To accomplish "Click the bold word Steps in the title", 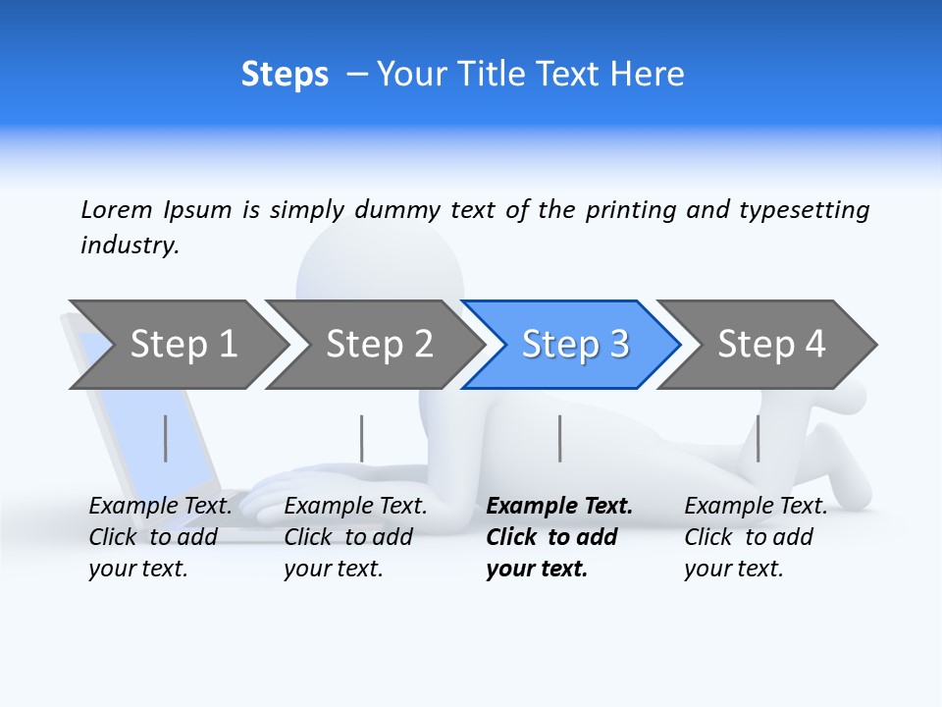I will pos(285,75).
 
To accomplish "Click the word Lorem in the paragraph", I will pos(117,209).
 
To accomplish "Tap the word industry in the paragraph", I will pos(130,245).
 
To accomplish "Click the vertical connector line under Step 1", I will pos(166,438).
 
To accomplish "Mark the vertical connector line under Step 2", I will pos(362,438).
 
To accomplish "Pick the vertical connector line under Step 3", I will pos(560,438).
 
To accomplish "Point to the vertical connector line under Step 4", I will pos(759,438).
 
